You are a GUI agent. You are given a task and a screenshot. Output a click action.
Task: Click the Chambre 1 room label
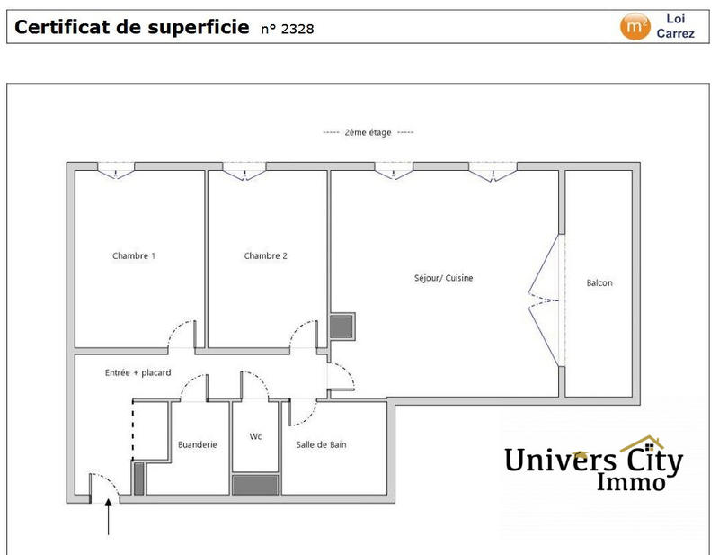click(x=134, y=256)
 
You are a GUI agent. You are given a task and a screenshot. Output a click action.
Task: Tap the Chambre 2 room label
click(x=266, y=256)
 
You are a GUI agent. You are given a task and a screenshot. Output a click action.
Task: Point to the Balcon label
click(x=599, y=283)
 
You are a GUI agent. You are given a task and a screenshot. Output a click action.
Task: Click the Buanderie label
click(x=198, y=444)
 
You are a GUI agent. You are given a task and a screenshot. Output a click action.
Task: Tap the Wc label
click(x=256, y=437)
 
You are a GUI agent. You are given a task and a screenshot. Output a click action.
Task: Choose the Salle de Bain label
click(x=322, y=444)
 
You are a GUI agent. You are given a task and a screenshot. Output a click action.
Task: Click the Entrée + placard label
click(x=138, y=372)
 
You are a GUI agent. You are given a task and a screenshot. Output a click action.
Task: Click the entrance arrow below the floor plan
click(x=110, y=519)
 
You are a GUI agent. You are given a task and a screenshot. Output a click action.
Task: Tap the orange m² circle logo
click(x=635, y=26)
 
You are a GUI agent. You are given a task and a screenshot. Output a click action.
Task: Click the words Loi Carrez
click(x=675, y=25)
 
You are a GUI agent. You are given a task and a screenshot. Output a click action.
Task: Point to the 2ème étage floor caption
click(x=368, y=132)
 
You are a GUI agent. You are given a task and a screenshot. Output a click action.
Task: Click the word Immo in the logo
click(x=632, y=483)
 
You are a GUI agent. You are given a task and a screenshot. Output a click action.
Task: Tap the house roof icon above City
click(x=642, y=443)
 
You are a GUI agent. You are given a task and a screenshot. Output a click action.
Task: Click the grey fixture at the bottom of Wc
click(x=256, y=484)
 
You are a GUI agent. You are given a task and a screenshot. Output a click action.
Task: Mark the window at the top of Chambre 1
click(x=116, y=168)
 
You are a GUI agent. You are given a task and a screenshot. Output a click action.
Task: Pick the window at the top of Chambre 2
click(x=244, y=168)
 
